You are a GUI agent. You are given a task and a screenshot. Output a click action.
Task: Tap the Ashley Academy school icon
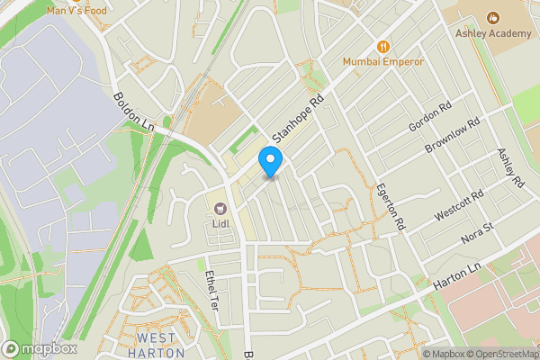tap(492, 18)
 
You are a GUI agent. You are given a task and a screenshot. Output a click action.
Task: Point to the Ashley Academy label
tap(492, 33)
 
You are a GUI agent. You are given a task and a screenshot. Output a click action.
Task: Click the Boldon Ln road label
tap(135, 112)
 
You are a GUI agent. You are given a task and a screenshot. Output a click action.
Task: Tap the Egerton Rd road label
tap(393, 205)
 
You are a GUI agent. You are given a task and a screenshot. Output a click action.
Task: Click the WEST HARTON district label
tap(162, 346)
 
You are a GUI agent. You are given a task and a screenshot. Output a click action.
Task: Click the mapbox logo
tap(39, 348)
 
